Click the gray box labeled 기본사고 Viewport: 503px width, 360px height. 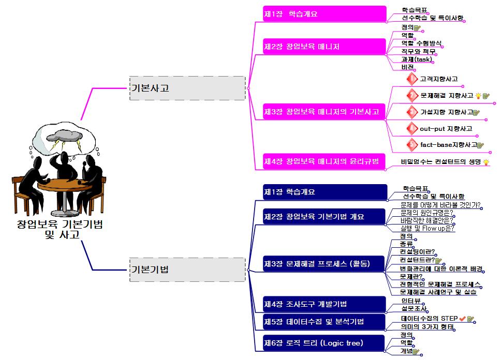coord(187,88)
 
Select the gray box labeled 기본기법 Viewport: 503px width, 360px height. coord(187,269)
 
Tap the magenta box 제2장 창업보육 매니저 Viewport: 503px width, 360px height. coord(324,47)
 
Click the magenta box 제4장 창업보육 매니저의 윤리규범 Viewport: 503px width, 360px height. coord(324,161)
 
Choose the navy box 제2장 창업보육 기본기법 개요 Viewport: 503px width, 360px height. coord(324,216)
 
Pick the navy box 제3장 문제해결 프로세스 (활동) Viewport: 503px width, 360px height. coord(324,263)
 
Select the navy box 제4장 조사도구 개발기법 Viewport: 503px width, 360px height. coord(324,304)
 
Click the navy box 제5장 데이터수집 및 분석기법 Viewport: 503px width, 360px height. coord(324,322)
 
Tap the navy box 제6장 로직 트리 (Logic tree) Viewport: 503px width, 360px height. coord(324,343)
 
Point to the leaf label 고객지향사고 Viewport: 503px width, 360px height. coord(438,79)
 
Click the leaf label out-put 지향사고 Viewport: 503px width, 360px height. coord(446,128)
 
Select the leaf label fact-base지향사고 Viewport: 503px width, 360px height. coord(448,145)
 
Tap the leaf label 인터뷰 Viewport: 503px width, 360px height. coord(410,301)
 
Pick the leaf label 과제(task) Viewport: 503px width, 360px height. coord(416,59)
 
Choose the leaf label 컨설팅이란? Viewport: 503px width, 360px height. coord(417,251)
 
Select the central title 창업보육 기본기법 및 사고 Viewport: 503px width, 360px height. coord(60,230)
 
